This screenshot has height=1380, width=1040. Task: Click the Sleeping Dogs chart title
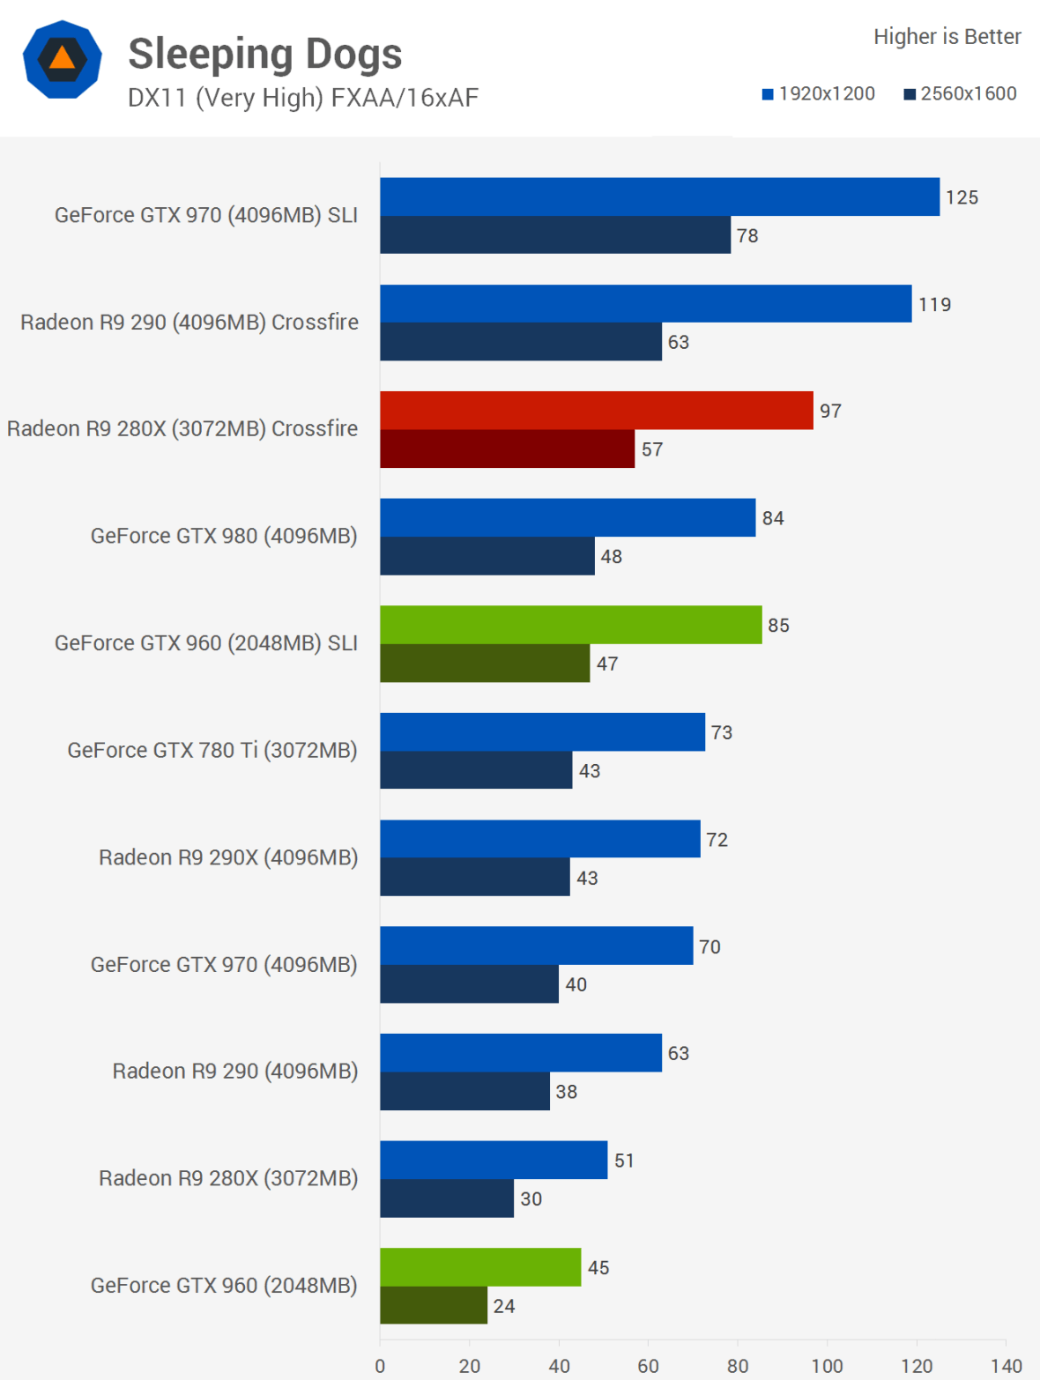point(264,54)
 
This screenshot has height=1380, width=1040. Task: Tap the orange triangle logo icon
point(62,59)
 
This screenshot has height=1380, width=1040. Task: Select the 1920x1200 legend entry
point(819,93)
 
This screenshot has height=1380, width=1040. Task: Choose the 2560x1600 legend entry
point(960,93)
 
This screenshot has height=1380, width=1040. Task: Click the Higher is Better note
point(947,36)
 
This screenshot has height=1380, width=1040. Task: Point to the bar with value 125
point(659,197)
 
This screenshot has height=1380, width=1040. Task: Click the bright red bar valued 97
point(596,411)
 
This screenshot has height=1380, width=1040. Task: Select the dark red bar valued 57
point(507,449)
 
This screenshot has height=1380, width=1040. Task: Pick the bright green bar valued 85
point(570,625)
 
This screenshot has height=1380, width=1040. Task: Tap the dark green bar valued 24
point(433,1305)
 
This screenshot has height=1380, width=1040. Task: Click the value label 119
point(934,305)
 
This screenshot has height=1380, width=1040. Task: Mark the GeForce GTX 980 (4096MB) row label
point(224,536)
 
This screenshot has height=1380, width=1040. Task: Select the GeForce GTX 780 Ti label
point(212,750)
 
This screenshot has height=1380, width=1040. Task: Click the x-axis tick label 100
point(827,1366)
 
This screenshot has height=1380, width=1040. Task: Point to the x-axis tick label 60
point(648,1366)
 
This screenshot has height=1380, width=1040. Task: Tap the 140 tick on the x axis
point(1006,1366)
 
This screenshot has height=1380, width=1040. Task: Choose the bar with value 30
point(446,1198)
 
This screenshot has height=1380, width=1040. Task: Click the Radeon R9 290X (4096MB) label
point(228,857)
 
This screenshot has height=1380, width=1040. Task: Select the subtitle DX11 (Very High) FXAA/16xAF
point(302,98)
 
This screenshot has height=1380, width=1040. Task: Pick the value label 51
point(624,1161)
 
